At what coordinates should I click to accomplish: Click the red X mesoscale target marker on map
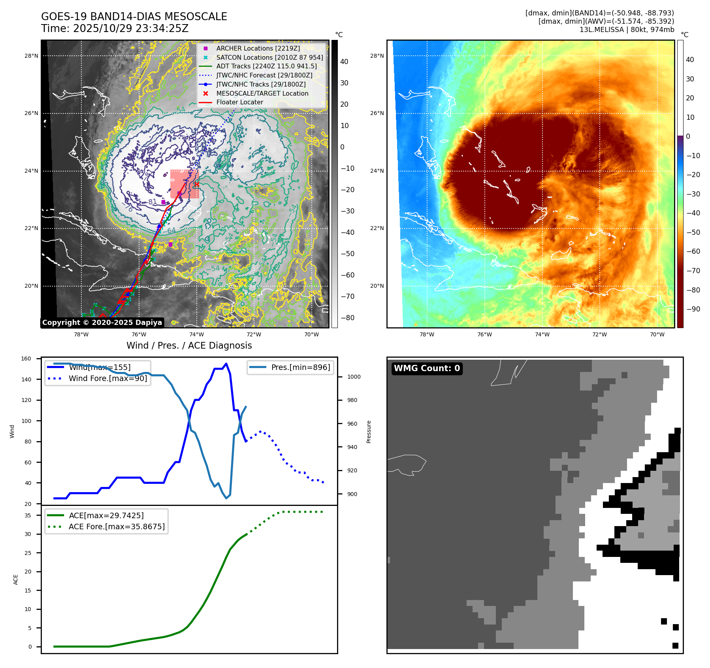(x=197, y=184)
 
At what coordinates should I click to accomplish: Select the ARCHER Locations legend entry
(x=258, y=48)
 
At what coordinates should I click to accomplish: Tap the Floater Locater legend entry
(x=239, y=102)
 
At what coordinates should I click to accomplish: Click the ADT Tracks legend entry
(x=266, y=66)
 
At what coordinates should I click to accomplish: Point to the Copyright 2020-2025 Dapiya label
(x=102, y=323)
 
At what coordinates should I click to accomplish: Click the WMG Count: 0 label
(x=427, y=368)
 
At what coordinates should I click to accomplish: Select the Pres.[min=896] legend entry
(x=300, y=367)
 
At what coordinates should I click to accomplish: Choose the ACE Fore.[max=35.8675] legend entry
(x=117, y=526)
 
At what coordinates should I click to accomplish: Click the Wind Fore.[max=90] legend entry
(x=108, y=378)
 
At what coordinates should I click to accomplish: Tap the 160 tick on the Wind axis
(x=26, y=359)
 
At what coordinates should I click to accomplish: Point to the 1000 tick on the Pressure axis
(x=354, y=377)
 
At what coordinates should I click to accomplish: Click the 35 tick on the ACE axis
(x=28, y=515)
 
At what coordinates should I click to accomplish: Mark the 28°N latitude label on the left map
(x=31, y=56)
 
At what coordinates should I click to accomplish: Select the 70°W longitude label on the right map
(x=657, y=335)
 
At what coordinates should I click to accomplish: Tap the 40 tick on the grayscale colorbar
(x=344, y=62)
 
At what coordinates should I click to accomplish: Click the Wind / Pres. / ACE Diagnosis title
(x=189, y=345)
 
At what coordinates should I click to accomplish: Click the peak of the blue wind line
(x=226, y=364)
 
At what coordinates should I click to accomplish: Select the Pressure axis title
(x=369, y=432)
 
